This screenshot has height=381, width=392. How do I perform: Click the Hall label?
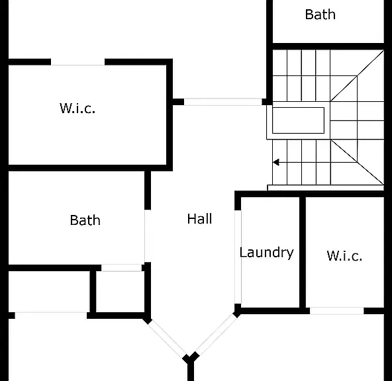[199, 219]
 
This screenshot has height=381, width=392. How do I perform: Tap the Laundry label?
[266, 253]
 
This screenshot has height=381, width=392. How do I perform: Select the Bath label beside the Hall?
[85, 220]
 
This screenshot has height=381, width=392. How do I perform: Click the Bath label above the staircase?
[320, 15]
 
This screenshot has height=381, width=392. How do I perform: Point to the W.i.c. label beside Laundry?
[344, 256]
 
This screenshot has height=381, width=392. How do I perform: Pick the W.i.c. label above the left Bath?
[77, 108]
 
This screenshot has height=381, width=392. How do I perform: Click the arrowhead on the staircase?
[276, 162]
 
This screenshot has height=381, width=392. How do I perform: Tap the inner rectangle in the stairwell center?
[298, 120]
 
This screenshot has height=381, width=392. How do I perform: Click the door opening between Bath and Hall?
[145, 236]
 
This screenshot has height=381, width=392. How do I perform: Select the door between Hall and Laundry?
[238, 257]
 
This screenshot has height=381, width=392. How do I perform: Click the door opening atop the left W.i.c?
[77, 63]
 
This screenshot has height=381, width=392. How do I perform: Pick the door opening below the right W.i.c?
[337, 311]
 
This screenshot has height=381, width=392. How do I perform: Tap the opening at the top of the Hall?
[222, 102]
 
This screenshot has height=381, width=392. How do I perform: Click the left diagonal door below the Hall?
[168, 338]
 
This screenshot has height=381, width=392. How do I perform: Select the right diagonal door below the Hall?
[216, 335]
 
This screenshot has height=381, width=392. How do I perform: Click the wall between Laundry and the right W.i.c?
[303, 252]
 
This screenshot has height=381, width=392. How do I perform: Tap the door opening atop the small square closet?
[121, 268]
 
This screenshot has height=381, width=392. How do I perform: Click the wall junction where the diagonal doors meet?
[191, 359]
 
